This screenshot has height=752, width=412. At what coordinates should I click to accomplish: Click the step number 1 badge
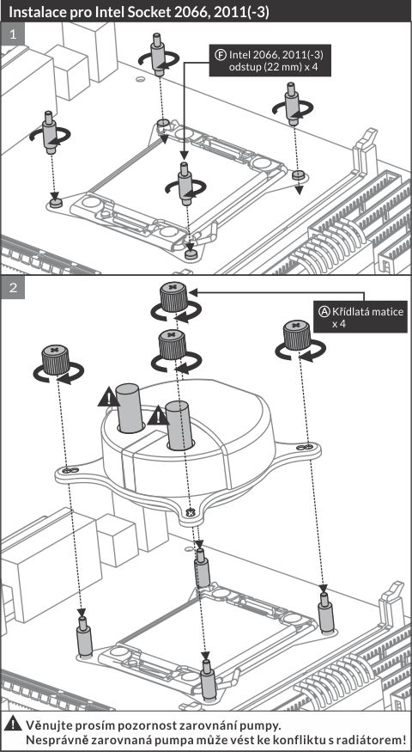pos(13,34)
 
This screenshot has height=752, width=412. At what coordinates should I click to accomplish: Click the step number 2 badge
pos(13,288)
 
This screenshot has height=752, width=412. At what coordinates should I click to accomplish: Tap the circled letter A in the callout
pos(324,311)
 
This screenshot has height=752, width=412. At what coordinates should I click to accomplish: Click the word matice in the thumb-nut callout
pos(386,312)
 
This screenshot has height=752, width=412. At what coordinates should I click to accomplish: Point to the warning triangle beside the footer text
pos(15,724)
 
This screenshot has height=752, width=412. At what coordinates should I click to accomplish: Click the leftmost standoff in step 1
pos(49,131)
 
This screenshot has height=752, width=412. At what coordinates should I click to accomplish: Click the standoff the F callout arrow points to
pos(185,183)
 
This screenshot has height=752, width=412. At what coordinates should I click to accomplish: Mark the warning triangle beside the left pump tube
pos(109,398)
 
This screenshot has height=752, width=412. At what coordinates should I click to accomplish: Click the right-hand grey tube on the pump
pos(179,426)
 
